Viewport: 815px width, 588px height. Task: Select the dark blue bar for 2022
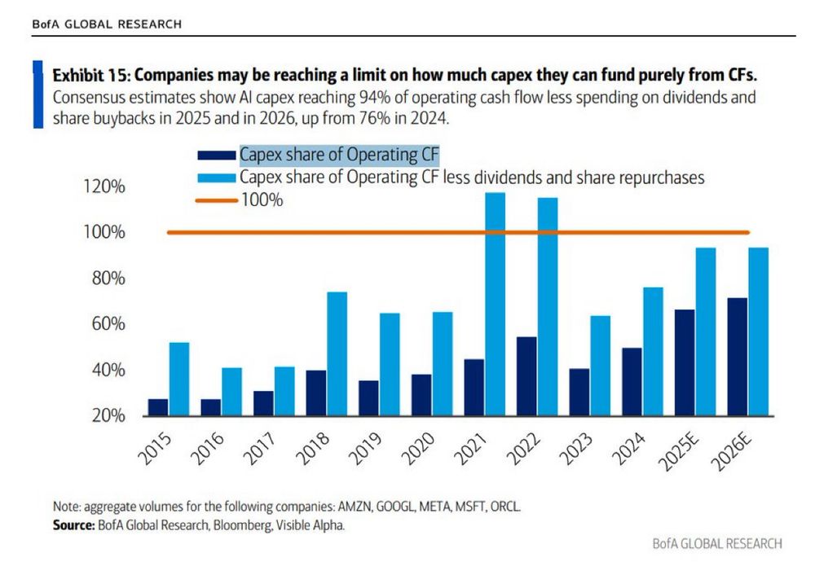527,376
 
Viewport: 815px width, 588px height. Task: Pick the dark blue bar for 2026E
738,357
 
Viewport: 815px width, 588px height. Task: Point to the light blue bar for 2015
178,379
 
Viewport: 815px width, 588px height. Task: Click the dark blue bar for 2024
632,382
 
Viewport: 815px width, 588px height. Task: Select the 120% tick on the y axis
104,187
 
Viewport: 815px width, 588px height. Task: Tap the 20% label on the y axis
108,416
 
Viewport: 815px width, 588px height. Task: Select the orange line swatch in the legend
216,200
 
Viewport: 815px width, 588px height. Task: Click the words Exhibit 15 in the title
89,76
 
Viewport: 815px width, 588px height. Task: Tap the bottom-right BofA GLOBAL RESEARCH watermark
717,543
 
